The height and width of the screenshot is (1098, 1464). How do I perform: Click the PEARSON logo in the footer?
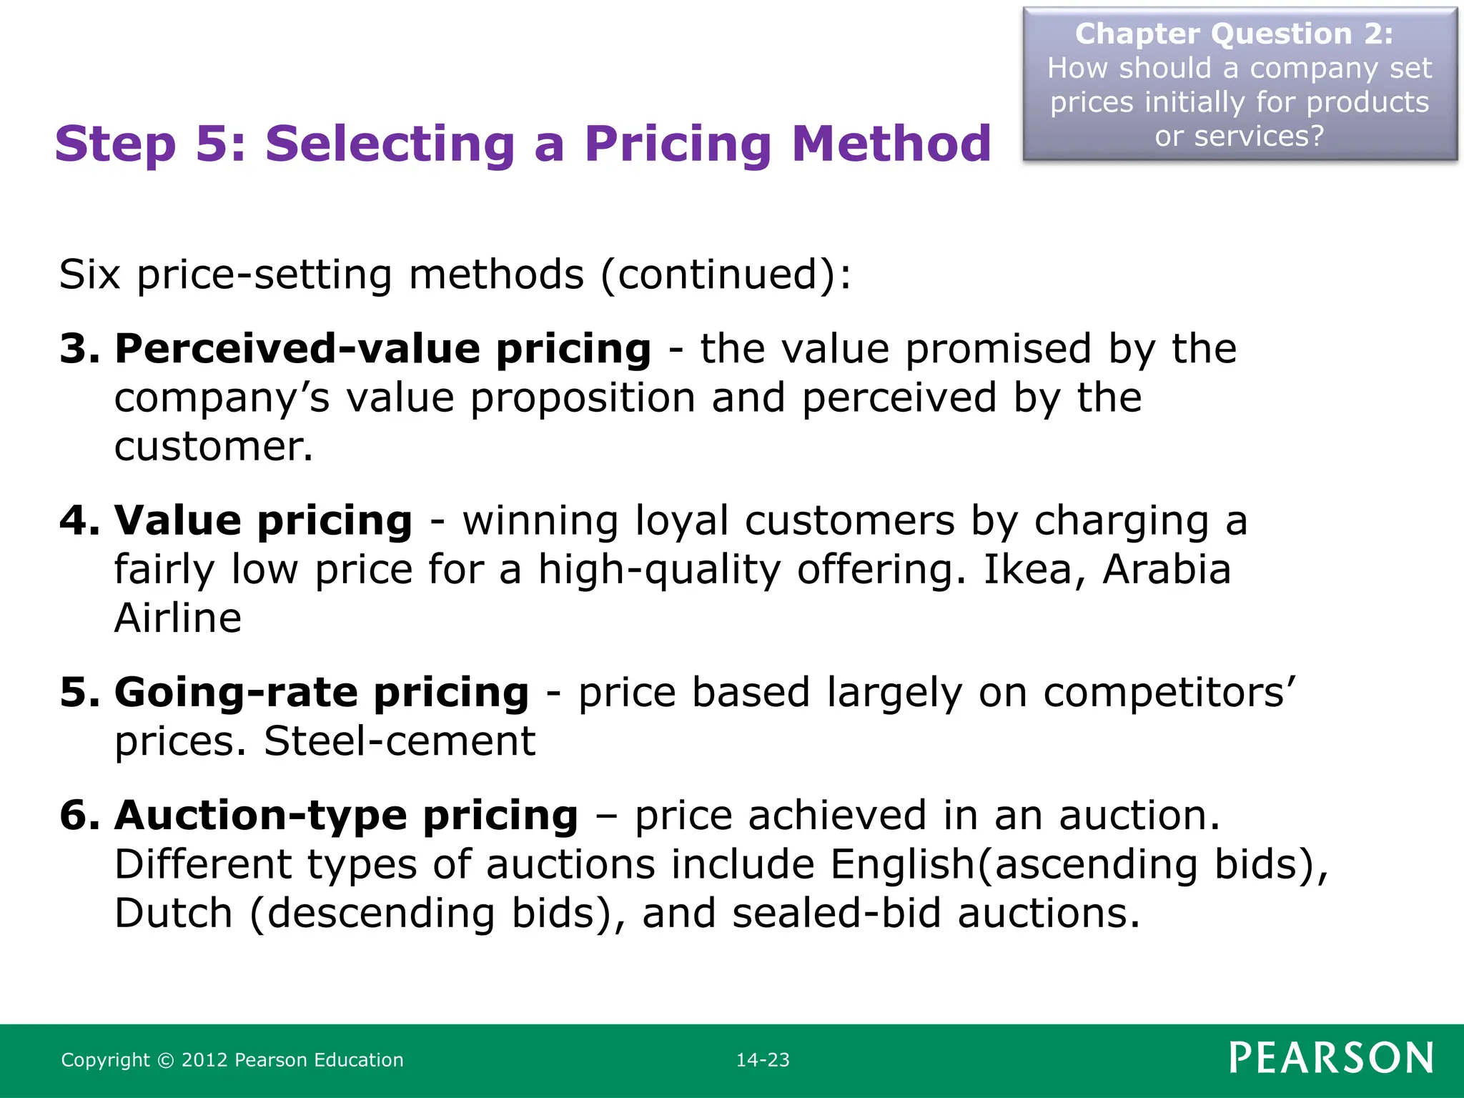coord(1331,1058)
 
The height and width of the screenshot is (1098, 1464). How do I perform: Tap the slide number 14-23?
coord(763,1060)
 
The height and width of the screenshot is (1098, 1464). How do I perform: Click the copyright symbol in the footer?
coord(165,1060)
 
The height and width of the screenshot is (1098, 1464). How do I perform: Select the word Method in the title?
coord(891,144)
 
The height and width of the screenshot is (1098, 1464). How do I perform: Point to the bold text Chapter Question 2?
coord(1235,34)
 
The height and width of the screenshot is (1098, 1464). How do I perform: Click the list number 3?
coord(79,349)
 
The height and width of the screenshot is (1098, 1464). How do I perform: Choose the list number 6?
coord(79,816)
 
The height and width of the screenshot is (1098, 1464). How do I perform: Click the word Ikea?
coord(1027,570)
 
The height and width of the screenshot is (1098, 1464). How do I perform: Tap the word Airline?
coord(178,618)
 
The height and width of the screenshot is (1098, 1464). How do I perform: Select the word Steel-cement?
coord(400,741)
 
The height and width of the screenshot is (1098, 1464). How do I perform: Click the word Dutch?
coord(174,914)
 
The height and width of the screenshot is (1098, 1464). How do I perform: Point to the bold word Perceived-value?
coord(296,349)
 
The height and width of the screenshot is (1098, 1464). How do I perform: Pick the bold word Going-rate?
coord(237,693)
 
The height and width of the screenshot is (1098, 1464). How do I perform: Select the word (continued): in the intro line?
coord(726,274)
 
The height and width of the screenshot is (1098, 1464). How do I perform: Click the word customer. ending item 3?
coord(214,447)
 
